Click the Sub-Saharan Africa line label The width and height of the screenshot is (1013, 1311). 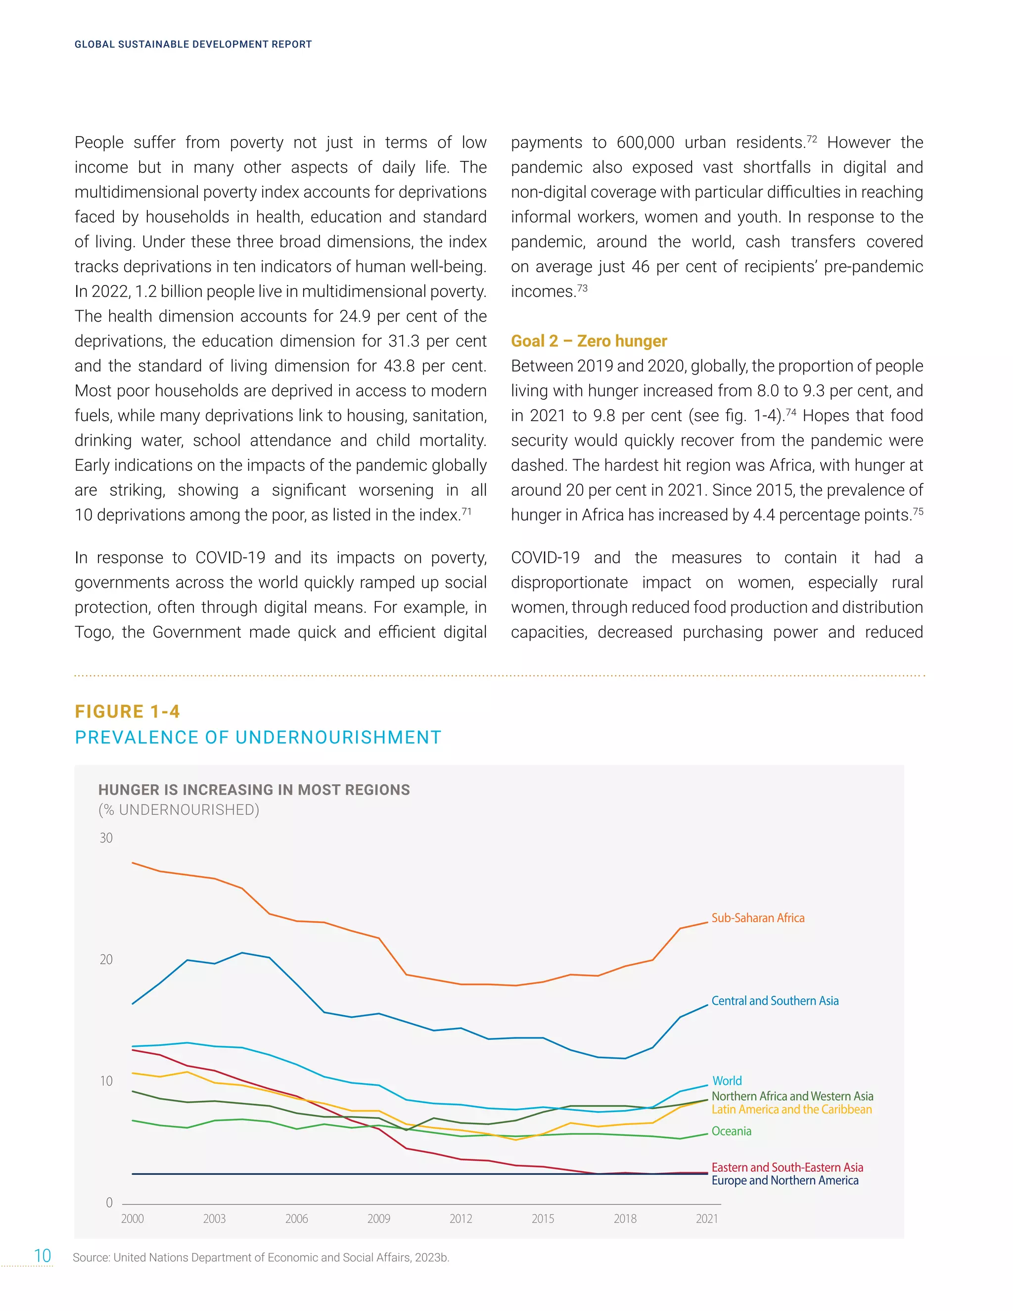coord(757,918)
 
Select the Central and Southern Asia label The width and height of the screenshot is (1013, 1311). coord(775,1001)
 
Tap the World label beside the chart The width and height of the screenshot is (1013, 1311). coord(727,1080)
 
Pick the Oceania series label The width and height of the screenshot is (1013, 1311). coord(731,1131)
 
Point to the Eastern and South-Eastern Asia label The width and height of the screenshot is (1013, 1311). coord(787,1167)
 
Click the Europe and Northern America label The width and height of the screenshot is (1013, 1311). coord(784,1180)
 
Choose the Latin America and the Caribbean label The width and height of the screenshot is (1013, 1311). coord(791,1109)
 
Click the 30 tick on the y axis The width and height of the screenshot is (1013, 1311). coord(106,838)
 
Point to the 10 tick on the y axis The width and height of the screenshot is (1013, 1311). coord(106,1081)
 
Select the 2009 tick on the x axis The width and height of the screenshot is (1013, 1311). coord(379,1218)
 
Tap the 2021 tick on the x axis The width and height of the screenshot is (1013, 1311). coord(707,1218)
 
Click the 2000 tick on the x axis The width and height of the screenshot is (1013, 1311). coord(133,1218)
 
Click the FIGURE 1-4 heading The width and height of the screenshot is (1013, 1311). coord(127,711)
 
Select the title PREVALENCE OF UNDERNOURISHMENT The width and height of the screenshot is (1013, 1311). coord(258,737)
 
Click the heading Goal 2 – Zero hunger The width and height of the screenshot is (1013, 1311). coord(589,341)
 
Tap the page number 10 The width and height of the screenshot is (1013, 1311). coord(43,1256)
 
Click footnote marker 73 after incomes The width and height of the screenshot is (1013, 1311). coord(582,288)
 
